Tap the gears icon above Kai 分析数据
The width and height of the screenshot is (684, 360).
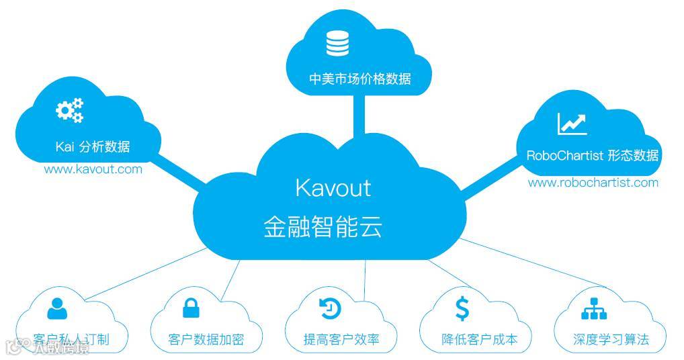[70, 110]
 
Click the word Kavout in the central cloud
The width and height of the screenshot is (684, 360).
[333, 187]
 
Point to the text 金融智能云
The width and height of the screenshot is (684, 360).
[323, 226]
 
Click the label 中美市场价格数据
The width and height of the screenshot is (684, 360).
[360, 79]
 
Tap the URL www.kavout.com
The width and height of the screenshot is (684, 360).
[93, 169]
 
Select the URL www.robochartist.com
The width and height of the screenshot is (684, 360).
[593, 183]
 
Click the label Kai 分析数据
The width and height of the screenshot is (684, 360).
[92, 147]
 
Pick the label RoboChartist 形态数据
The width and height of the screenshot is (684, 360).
[592, 156]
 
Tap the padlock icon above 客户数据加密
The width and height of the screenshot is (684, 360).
[191, 308]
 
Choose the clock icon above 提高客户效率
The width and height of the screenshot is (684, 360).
[330, 308]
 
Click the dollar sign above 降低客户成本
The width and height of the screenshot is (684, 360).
[462, 308]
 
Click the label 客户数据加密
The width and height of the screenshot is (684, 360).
[206, 340]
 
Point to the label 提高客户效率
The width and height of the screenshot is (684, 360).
[341, 340]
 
